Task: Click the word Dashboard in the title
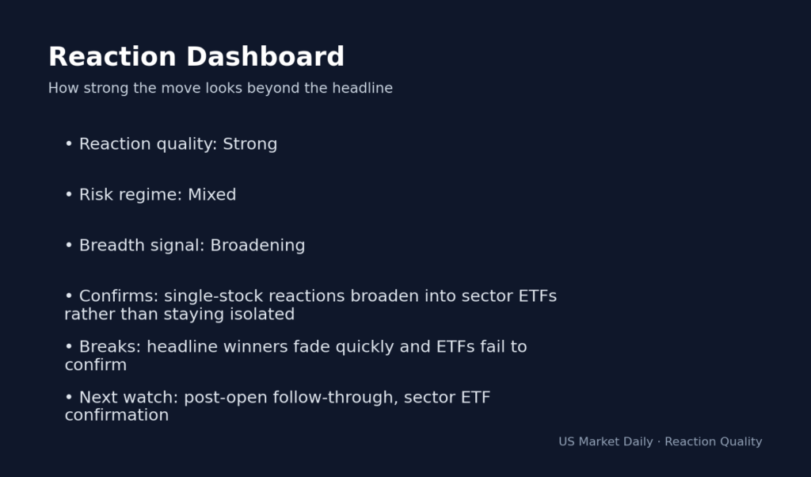265,57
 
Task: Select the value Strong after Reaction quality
249,144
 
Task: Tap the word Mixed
211,195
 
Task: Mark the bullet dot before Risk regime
69,195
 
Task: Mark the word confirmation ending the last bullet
116,416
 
